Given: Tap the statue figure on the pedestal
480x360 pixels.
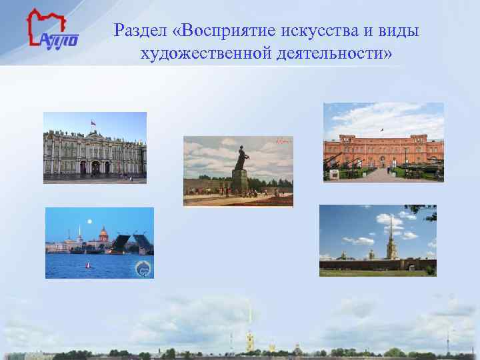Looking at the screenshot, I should pyautogui.click(x=239, y=157).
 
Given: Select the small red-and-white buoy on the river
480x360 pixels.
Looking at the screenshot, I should pyautogui.click(x=88, y=265).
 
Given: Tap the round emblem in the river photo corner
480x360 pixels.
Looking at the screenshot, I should pyautogui.click(x=143, y=269).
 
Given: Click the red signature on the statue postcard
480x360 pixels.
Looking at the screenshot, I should pyautogui.click(x=284, y=141).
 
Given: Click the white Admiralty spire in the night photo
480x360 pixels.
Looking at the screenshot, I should pyautogui.click(x=79, y=233).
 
